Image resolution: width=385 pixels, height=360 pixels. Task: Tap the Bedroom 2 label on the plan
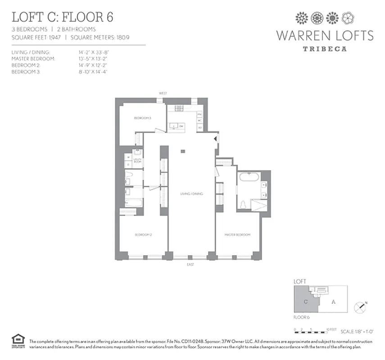click(143, 235)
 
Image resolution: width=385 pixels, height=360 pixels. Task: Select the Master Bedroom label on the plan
click(238, 235)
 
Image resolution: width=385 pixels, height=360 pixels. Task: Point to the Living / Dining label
click(192, 193)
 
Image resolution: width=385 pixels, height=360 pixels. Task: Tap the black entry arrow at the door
click(216, 139)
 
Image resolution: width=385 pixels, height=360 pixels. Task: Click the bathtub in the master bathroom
click(249, 177)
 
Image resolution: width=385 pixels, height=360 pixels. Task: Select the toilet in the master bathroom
click(243, 205)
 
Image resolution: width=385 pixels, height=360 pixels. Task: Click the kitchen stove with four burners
click(179, 108)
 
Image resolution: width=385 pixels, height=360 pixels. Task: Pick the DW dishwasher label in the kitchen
click(181, 126)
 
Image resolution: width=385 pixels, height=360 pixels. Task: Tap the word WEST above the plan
click(163, 93)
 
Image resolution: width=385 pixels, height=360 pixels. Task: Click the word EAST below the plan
click(190, 265)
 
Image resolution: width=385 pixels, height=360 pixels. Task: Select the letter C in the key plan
click(305, 302)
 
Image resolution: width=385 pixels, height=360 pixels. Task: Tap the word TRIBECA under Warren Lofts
click(324, 49)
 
